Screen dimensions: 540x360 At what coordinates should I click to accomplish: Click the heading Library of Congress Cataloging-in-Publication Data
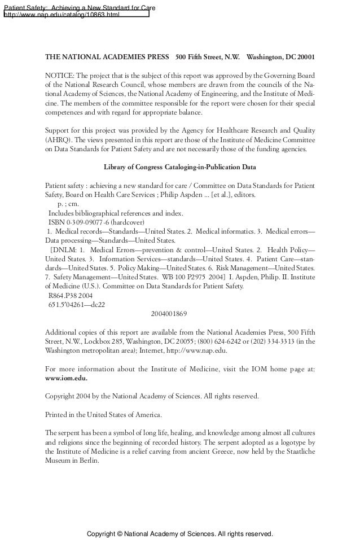coord(180,168)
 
